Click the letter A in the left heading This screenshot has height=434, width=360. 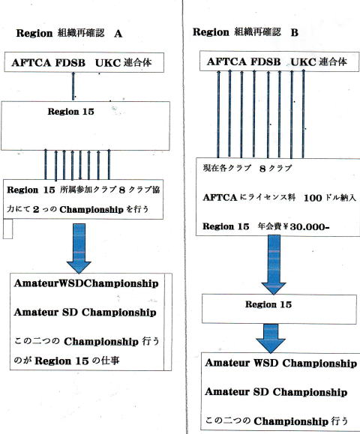pyautogui.click(x=118, y=34)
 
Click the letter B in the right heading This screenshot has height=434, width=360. pyautogui.click(x=294, y=32)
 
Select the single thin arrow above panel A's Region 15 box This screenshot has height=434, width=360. pyautogui.click(x=73, y=85)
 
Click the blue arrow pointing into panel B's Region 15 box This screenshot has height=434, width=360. pyautogui.click(x=274, y=265)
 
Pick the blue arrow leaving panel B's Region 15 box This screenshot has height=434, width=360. pyautogui.click(x=271, y=338)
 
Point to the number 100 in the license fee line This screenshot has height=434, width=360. pyautogui.click(x=313, y=198)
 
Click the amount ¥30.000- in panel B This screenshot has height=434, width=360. pyautogui.click(x=309, y=226)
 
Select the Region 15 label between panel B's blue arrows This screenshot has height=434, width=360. pyautogui.click(x=268, y=305)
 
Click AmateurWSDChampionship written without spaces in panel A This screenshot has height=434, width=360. pyautogui.click(x=86, y=283)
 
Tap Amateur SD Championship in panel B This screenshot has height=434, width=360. pyautogui.click(x=276, y=392)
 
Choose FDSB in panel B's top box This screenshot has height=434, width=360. pyautogui.click(x=265, y=61)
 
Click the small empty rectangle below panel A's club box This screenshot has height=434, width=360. pyautogui.click(x=7, y=229)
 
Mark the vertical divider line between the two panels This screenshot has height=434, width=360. pyautogui.click(x=184, y=217)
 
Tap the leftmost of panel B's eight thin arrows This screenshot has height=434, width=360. pyautogui.click(x=218, y=115)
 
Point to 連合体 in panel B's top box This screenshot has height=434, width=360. pyautogui.click(x=332, y=61)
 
